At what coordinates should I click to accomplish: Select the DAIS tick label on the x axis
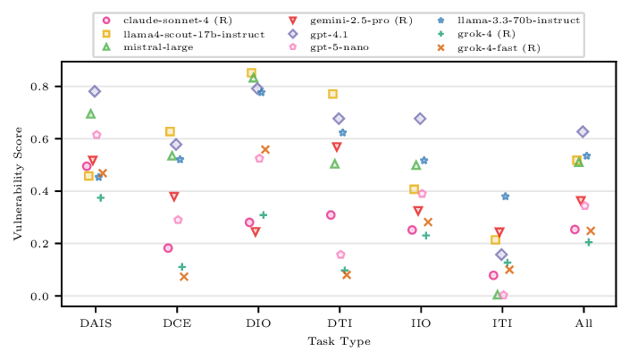95,323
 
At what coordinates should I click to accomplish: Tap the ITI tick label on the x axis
501,323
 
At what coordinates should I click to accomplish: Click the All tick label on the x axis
583,323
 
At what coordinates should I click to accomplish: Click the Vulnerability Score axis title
17,184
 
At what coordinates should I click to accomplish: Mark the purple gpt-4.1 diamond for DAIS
95,91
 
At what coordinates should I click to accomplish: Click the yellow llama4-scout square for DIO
251,73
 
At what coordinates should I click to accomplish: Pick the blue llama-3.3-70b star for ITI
506,197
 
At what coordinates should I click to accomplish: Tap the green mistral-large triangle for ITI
498,295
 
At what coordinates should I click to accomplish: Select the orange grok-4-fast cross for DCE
184,277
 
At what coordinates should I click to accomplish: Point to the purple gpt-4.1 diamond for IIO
420,119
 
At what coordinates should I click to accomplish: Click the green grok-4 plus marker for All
589,242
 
